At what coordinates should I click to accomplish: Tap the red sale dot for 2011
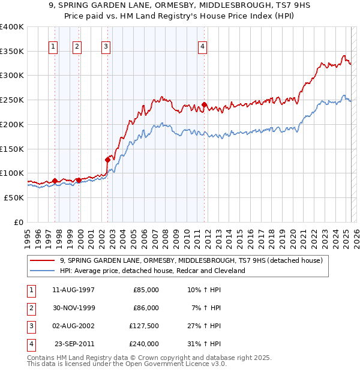pyautogui.click(x=204, y=105)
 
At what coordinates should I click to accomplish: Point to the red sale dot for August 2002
pyautogui.click(x=108, y=160)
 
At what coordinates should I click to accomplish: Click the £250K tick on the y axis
pyautogui.click(x=13, y=100)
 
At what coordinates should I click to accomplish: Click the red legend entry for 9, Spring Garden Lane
pyautogui.click(x=191, y=260)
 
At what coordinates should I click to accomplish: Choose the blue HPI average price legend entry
pyautogui.click(x=152, y=271)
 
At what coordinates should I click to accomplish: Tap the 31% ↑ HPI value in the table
pyautogui.click(x=203, y=344)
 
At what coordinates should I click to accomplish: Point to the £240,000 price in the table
pyautogui.click(x=144, y=344)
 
